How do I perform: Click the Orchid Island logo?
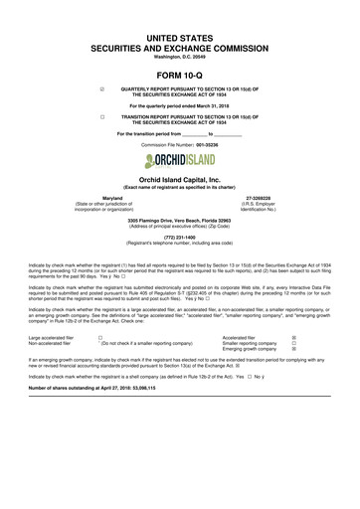click(x=180, y=159)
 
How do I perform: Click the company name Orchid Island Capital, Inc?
click(x=180, y=177)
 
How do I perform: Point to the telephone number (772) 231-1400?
click(x=180, y=237)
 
